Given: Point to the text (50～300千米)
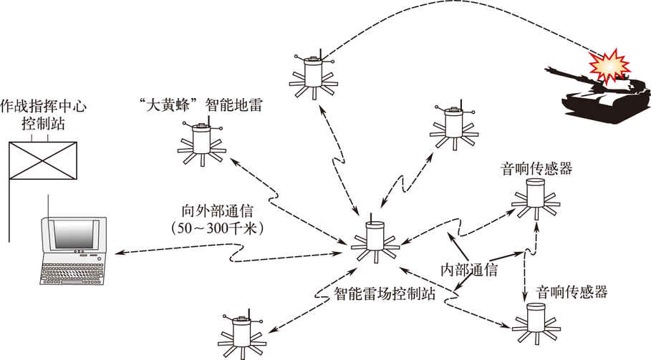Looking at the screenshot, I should click(214, 229).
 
